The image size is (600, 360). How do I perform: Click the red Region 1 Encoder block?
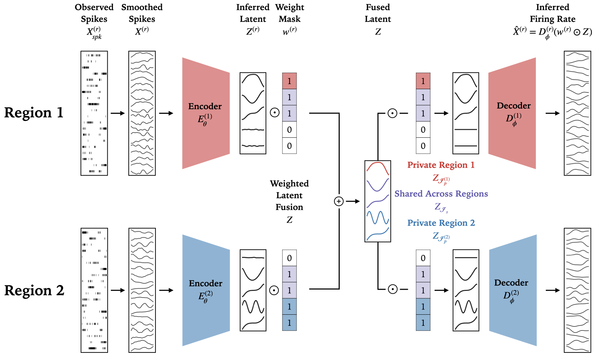(206, 113)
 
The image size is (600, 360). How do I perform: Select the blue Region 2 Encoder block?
(206, 290)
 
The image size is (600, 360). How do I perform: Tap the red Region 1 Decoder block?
(512, 113)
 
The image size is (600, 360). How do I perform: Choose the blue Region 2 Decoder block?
(513, 290)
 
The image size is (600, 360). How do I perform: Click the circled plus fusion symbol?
(339, 201)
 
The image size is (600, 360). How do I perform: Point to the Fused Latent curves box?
(378, 201)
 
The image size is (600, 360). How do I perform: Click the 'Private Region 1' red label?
(441, 165)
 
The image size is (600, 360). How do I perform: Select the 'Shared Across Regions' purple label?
(441, 193)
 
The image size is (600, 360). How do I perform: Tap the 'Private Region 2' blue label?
(441, 223)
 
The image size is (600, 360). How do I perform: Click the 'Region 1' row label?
(34, 112)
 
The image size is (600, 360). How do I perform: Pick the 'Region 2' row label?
(34, 290)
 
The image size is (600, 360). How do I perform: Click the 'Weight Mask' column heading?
(289, 13)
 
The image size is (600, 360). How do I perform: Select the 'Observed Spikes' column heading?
(94, 13)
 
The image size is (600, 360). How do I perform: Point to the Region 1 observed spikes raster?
(94, 113)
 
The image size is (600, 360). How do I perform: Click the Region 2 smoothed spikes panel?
(142, 290)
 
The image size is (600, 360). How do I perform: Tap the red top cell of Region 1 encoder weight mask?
(289, 81)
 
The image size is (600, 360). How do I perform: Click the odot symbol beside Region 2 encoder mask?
(274, 290)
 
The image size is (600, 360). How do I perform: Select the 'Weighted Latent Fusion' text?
(289, 195)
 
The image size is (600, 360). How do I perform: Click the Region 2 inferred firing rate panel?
(578, 290)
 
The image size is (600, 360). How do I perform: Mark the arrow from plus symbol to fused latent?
(353, 201)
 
